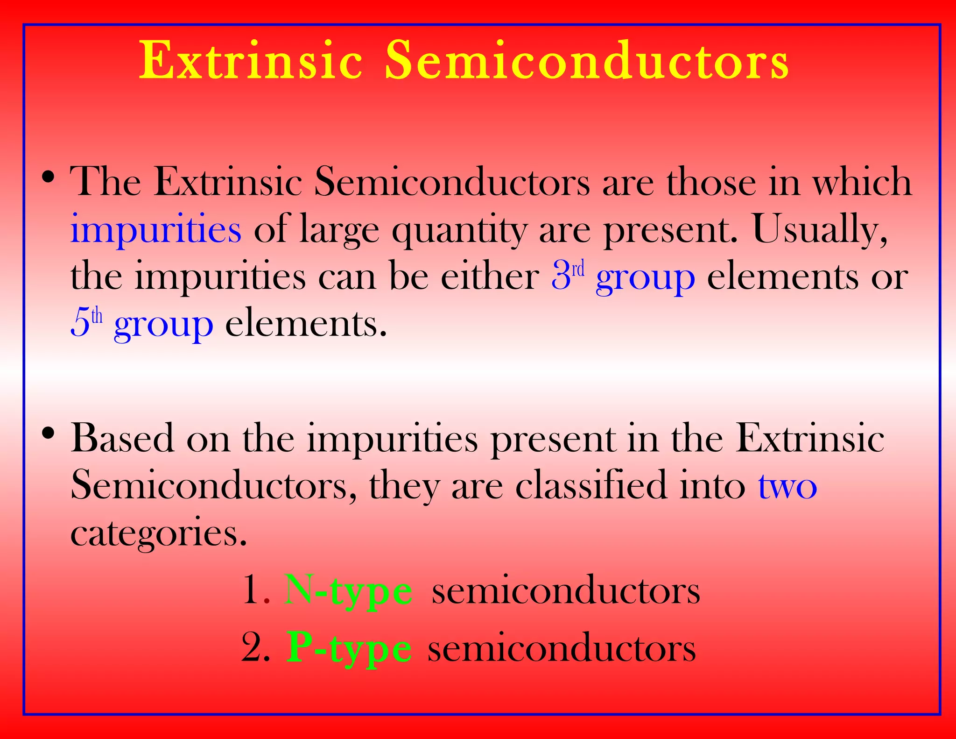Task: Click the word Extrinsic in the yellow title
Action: click(251, 61)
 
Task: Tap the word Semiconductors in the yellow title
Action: click(586, 61)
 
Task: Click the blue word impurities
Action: click(155, 229)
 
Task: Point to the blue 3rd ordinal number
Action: click(568, 276)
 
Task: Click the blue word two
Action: click(787, 486)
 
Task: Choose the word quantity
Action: click(459, 230)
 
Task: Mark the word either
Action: click(490, 276)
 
